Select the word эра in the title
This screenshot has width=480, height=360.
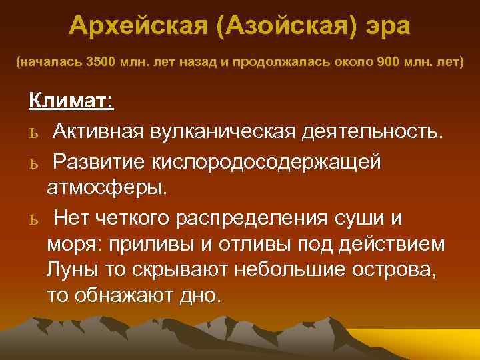[x=387, y=27]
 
